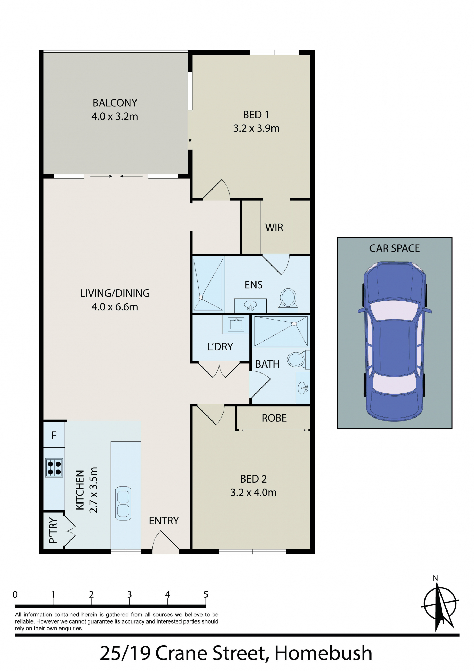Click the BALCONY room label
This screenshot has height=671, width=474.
[115, 103]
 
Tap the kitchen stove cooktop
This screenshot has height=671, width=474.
[54, 468]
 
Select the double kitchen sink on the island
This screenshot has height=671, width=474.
[123, 503]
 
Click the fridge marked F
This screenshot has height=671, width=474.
[54, 435]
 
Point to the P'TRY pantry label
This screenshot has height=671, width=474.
[53, 530]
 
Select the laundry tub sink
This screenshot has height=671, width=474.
[236, 324]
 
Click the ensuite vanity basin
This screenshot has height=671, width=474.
[250, 305]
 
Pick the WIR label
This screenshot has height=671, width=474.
[274, 228]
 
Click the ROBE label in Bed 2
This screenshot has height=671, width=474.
[274, 418]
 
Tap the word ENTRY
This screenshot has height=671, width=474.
[164, 521]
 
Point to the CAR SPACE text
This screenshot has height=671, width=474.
[395, 248]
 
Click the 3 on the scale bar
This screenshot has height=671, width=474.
[129, 594]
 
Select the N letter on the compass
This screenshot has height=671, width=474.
[435, 578]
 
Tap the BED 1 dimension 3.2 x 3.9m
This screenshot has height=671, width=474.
[256, 128]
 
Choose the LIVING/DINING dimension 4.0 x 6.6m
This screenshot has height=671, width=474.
[115, 307]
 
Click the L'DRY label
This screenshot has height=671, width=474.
[220, 347]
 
